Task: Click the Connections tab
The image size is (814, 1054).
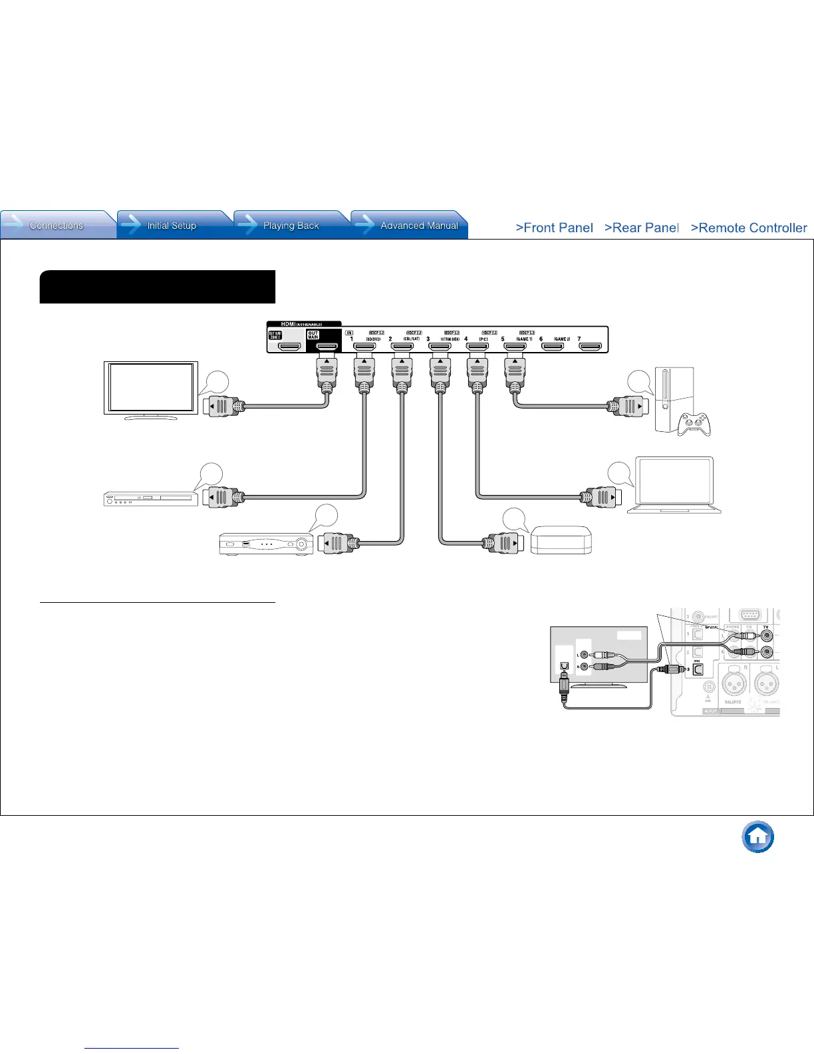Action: point(57,226)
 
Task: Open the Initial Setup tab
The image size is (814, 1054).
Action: point(172,226)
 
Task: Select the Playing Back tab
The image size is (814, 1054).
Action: point(291,226)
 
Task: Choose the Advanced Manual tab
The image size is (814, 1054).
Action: point(419,226)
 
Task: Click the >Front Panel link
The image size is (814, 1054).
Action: point(554,228)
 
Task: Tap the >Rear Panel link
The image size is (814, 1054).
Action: point(641,228)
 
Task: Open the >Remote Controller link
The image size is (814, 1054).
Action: point(749,228)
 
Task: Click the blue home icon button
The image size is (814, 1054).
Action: point(758,836)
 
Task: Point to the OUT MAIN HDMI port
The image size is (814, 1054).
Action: point(327,347)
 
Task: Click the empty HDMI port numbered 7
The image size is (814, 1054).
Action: point(591,347)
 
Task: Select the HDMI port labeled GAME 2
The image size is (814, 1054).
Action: point(553,347)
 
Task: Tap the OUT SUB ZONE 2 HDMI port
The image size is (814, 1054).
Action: point(289,347)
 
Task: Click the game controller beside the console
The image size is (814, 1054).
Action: point(694,424)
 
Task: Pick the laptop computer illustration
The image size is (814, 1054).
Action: point(674,484)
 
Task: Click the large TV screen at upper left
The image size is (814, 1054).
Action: point(151,388)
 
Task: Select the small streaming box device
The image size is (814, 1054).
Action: point(561,540)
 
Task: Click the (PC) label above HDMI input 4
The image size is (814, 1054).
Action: point(483,339)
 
